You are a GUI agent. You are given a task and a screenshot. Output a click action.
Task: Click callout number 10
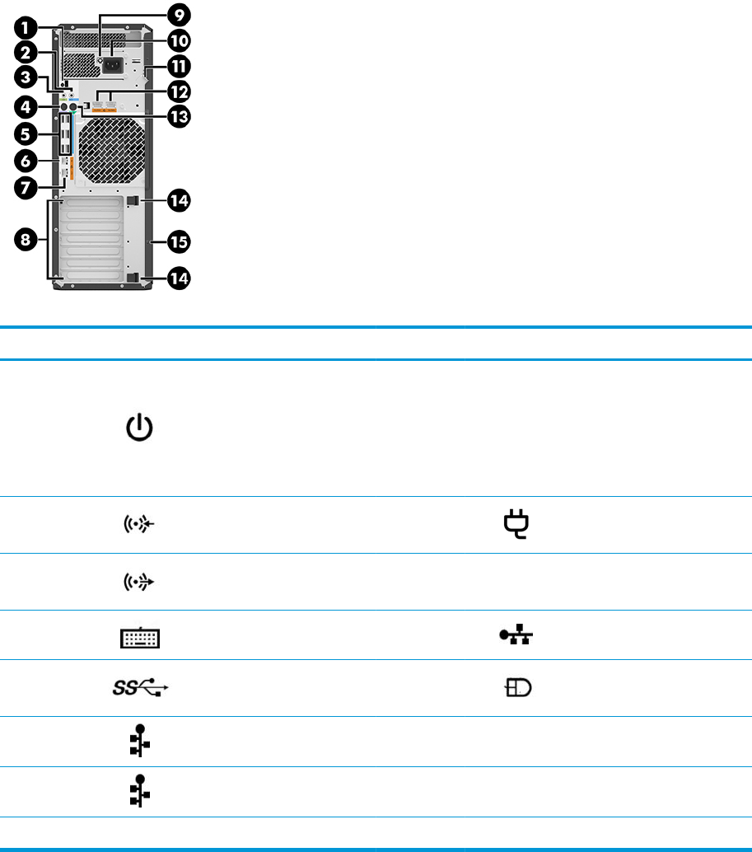[x=178, y=40]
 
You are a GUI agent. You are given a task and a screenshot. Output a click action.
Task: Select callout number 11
[x=178, y=65]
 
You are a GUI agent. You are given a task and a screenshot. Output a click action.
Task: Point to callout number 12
[x=178, y=91]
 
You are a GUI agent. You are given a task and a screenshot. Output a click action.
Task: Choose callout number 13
[x=178, y=116]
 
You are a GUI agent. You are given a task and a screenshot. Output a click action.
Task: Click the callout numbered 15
[x=178, y=241]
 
